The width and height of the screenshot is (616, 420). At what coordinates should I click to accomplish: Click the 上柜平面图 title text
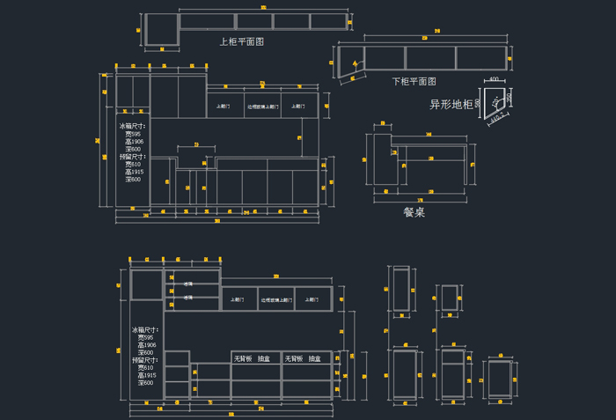241,41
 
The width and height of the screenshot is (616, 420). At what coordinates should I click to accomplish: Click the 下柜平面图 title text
414,81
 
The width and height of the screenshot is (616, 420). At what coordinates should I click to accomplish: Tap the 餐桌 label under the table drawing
414,211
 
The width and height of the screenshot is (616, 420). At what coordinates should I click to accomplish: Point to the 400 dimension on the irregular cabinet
494,80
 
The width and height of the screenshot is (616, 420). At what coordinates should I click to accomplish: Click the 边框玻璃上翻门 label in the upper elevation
262,107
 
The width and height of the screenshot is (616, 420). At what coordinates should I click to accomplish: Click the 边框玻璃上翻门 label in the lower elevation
275,300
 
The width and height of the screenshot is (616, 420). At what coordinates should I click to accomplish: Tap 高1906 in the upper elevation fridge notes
134,142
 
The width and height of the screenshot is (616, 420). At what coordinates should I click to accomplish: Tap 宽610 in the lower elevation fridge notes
145,368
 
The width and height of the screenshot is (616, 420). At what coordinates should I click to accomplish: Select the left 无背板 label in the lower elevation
243,358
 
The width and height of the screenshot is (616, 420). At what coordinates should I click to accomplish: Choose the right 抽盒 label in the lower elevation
314,358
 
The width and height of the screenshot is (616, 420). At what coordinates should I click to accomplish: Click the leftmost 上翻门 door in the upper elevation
224,107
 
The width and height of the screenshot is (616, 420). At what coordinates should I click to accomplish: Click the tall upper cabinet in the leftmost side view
400,289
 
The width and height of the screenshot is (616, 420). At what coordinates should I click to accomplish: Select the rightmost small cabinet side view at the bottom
500,379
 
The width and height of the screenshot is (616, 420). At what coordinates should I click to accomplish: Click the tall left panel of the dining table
381,159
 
